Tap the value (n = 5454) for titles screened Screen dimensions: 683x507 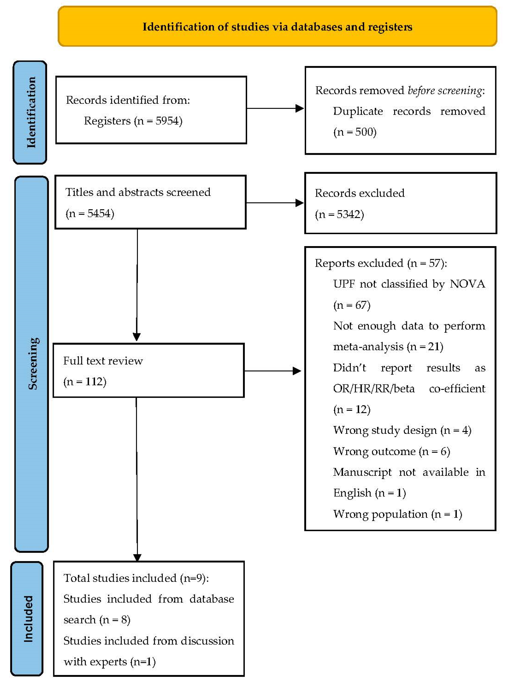click(90, 213)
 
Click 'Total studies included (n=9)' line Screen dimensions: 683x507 click(136, 578)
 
